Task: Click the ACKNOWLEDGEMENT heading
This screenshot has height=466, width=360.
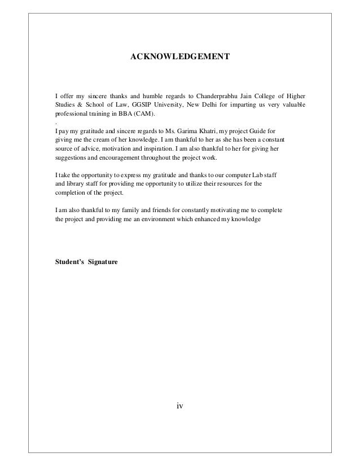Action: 180,58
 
